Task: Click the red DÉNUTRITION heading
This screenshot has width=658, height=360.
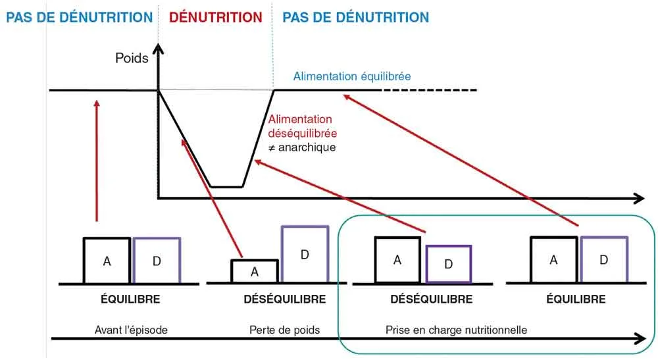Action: [x=216, y=18]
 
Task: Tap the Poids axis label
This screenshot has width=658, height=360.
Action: [x=132, y=58]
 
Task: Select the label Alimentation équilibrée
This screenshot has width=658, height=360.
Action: [x=352, y=76]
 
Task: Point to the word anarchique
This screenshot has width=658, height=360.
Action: [x=307, y=147]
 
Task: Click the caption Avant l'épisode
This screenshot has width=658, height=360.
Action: [x=130, y=329]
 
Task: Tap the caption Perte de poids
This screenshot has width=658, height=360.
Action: [x=284, y=329]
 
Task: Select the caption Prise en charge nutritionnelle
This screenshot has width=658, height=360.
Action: [x=456, y=329]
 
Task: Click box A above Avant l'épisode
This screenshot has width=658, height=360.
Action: [x=107, y=261]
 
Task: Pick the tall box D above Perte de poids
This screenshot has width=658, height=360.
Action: [x=305, y=255]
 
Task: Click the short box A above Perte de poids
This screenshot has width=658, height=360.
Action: [x=255, y=271]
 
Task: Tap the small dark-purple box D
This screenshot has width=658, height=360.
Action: [x=448, y=264]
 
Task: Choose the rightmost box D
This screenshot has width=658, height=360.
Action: [x=603, y=260]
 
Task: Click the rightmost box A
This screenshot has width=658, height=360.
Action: [x=554, y=260]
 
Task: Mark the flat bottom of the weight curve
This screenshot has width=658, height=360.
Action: [x=226, y=187]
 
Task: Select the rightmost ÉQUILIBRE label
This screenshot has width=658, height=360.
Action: [x=576, y=299]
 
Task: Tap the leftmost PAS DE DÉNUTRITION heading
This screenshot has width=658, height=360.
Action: [x=79, y=18]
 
